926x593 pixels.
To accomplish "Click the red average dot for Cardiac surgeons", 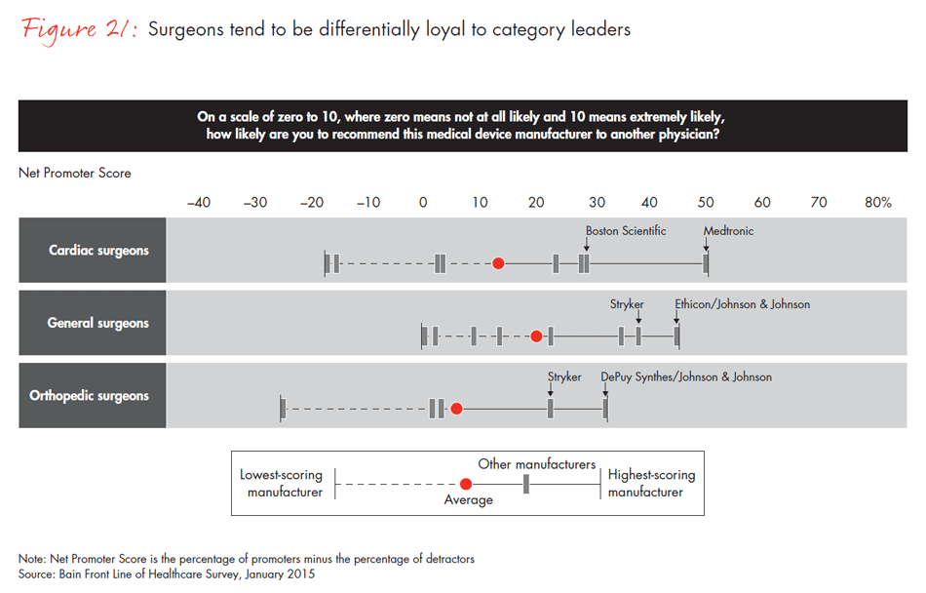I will tap(498, 263).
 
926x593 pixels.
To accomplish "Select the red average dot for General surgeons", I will tap(536, 336).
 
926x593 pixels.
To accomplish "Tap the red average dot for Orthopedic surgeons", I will tap(456, 409).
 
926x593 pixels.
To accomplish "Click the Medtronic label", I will tap(728, 231).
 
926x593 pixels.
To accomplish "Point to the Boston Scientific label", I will tap(626, 231).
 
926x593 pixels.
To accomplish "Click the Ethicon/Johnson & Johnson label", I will tap(742, 304).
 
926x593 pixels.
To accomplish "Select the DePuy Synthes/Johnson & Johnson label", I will tap(686, 377).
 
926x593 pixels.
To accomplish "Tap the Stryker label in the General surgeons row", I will tap(627, 304).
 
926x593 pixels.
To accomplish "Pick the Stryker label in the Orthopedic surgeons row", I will tap(564, 377).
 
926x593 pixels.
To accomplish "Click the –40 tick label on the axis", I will tap(198, 203).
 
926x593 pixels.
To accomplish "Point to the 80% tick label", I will tap(877, 203).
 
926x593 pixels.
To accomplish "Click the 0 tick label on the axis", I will tap(423, 203).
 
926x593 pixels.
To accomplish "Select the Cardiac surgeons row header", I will tap(94, 251).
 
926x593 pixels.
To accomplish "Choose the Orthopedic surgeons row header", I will tap(90, 396).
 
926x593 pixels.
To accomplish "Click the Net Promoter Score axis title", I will tap(74, 173).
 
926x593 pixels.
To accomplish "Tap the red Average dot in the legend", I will tap(466, 484).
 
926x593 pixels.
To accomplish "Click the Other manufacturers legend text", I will tap(536, 464).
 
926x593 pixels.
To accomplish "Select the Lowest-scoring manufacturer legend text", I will tap(282, 484).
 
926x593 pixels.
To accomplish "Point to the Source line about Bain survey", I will tap(167, 574).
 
